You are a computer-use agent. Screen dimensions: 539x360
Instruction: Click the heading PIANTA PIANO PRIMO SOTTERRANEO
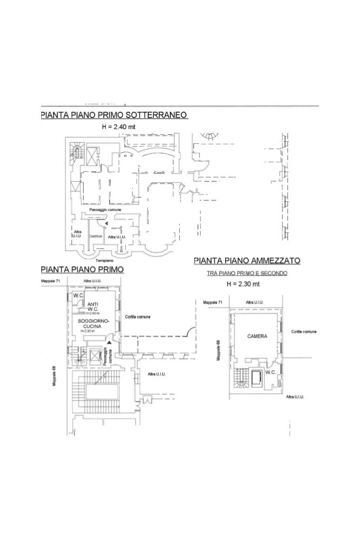114,115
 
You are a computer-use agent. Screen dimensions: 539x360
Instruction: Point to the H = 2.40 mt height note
119,127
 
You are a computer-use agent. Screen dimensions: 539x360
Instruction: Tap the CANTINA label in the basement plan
95,237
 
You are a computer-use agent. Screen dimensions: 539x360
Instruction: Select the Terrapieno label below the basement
104,261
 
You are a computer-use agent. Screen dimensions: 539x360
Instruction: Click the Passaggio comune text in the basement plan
105,210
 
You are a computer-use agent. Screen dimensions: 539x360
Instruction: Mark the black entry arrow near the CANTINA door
106,224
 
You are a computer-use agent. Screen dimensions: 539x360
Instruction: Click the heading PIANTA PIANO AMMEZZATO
247,260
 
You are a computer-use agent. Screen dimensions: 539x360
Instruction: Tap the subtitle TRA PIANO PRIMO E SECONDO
247,273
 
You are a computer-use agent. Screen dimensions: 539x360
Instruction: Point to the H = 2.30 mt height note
243,284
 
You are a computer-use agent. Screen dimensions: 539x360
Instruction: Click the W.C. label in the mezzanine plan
271,372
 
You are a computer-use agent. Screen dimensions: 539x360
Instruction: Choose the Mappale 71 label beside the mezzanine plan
213,302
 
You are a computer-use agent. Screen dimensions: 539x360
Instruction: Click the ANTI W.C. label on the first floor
93,307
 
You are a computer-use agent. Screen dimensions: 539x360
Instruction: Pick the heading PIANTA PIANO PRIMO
82,269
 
